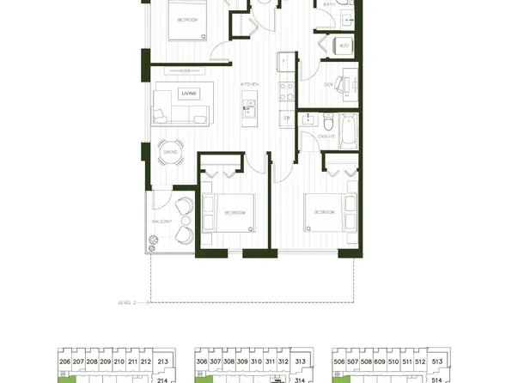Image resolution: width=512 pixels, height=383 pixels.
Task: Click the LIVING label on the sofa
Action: pos(188,93)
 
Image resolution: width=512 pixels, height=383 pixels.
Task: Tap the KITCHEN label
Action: pos(249,85)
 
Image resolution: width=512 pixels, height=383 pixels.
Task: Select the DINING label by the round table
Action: pos(169,152)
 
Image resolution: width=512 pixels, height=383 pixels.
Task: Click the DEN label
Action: pos(329,85)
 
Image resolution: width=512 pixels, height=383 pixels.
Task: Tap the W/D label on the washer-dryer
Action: pos(344,46)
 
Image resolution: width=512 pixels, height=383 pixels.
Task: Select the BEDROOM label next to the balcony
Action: pos(235,212)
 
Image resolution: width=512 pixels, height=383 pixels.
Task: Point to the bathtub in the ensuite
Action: pos(346,130)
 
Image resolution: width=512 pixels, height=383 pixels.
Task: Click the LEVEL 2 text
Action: pos(129,302)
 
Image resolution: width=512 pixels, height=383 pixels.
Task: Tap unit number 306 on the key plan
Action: pos(203,362)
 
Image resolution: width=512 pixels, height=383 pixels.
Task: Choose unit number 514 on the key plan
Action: pos(436,379)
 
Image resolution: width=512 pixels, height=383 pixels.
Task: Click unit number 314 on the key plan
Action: pos(299,379)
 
